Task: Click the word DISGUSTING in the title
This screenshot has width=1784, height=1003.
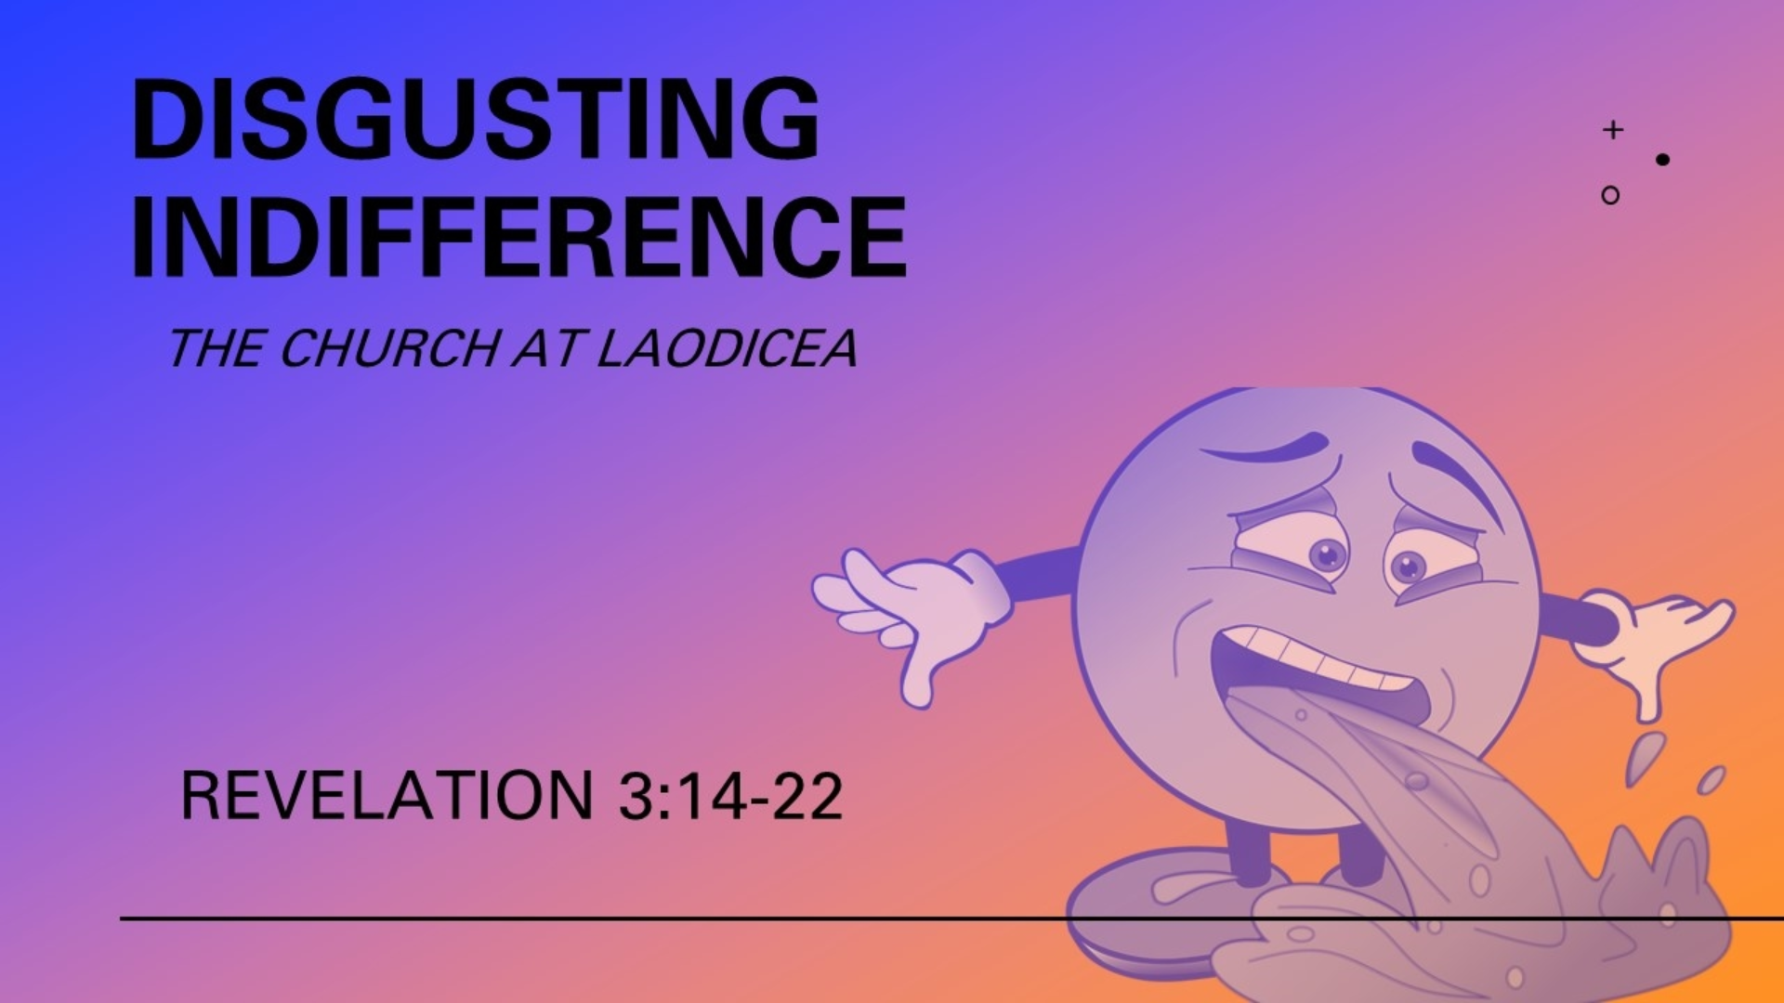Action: point(476,118)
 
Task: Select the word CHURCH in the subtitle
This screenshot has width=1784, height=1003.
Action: point(388,349)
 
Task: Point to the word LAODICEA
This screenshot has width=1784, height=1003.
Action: point(726,349)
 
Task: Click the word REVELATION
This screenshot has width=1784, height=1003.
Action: point(387,796)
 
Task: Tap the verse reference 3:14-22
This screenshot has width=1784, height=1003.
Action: point(730,796)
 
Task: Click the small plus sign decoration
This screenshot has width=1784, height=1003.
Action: point(1613,129)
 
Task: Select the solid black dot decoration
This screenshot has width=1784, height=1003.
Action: point(1662,160)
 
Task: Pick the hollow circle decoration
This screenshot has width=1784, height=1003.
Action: point(1610,195)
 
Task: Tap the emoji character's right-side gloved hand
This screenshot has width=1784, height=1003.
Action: point(1654,641)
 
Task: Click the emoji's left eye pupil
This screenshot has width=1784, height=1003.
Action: point(1329,555)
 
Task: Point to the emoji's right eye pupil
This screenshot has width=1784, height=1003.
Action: point(1409,566)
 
